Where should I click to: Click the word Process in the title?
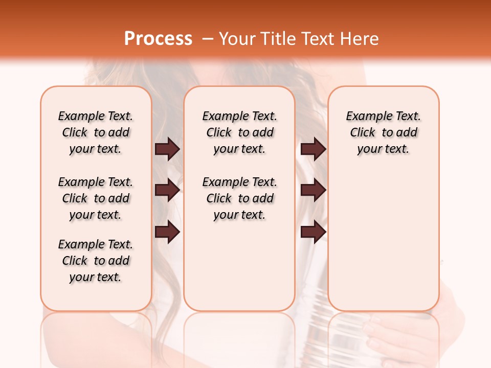[x=158, y=39]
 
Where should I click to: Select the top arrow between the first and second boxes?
[x=167, y=149]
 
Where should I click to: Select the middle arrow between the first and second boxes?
[x=167, y=190]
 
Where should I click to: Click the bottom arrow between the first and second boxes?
[x=167, y=232]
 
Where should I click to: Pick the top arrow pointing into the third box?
[x=313, y=149]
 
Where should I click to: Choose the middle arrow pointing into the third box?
[x=313, y=190]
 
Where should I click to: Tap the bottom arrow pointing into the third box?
[x=313, y=232]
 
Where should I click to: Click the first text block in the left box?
[x=96, y=132]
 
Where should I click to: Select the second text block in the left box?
[x=96, y=198]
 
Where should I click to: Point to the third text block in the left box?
[x=96, y=261]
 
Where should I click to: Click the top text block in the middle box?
[x=239, y=132]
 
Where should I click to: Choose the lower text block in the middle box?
[x=239, y=198]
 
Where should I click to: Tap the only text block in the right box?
[x=383, y=132]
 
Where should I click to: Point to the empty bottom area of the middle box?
[x=239, y=266]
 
